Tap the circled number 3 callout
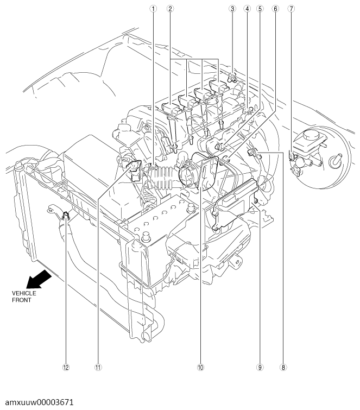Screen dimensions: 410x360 (232, 9)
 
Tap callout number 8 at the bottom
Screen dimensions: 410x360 (283, 368)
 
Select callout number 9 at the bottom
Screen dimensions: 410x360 (260, 368)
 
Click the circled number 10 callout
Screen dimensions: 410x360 (200, 368)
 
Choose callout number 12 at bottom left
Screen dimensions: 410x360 (66, 368)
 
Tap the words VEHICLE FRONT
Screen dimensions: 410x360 (24, 297)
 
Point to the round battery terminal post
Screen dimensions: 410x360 (146, 237)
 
